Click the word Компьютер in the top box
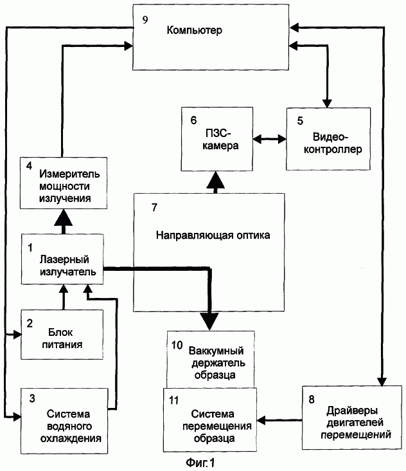pyautogui.click(x=194, y=30)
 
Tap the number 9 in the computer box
pyautogui.click(x=145, y=20)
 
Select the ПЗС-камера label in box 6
pyautogui.click(x=220, y=140)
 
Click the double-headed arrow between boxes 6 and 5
pyautogui.click(x=270, y=139)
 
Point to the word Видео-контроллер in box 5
pyautogui.click(x=333, y=143)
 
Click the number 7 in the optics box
pyautogui.click(x=154, y=207)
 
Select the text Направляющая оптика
pyautogui.click(x=213, y=235)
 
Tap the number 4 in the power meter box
pyautogui.click(x=29, y=165)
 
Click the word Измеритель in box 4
pyautogui.click(x=69, y=174)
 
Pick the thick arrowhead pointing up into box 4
pyautogui.click(x=63, y=217)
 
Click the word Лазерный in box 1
pyautogui.click(x=64, y=259)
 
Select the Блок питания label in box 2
pyautogui.click(x=62, y=338)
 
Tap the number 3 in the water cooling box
pyautogui.click(x=32, y=398)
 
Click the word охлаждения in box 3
pyautogui.click(x=71, y=439)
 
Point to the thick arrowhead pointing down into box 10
pyautogui.click(x=209, y=322)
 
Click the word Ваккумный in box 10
pyautogui.click(x=216, y=351)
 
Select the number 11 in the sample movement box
pyautogui.click(x=174, y=400)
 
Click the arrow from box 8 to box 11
pyautogui.click(x=279, y=420)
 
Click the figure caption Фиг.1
pyautogui.click(x=200, y=463)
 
